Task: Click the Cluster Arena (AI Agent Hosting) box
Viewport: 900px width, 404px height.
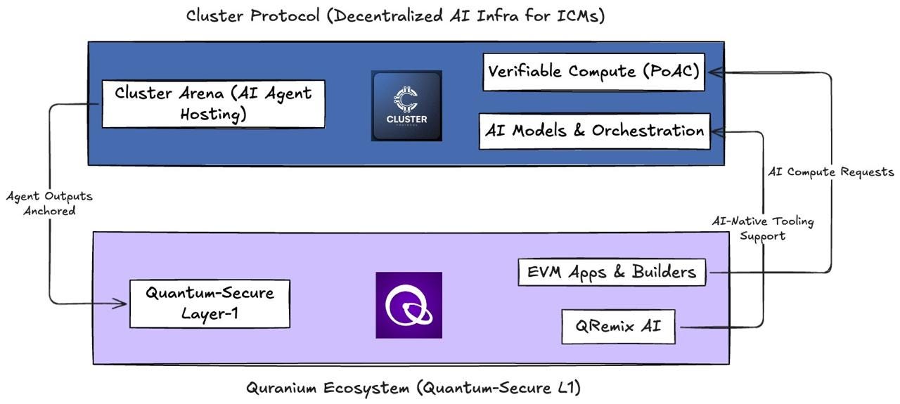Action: [213, 104]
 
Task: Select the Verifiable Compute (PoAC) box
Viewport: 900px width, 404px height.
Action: [594, 72]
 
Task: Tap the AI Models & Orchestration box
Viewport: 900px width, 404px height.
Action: [595, 131]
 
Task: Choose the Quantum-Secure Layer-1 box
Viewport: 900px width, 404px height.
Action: [210, 304]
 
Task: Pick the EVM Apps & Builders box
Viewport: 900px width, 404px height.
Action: [612, 273]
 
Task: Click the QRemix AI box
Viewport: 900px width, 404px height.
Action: [618, 327]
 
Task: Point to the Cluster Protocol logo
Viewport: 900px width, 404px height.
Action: [406, 105]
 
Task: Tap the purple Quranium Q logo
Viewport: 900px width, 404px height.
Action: [409, 305]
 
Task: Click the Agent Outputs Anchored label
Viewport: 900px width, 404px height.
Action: [49, 203]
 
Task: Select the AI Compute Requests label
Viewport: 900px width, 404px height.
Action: [831, 172]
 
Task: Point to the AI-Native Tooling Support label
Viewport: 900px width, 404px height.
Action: [763, 228]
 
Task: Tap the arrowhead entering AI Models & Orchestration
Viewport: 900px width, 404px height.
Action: [719, 131]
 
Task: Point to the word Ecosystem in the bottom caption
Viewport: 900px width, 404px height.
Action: [366, 388]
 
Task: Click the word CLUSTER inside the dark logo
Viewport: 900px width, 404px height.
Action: [406, 119]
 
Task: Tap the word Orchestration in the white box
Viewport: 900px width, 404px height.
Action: [648, 131]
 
